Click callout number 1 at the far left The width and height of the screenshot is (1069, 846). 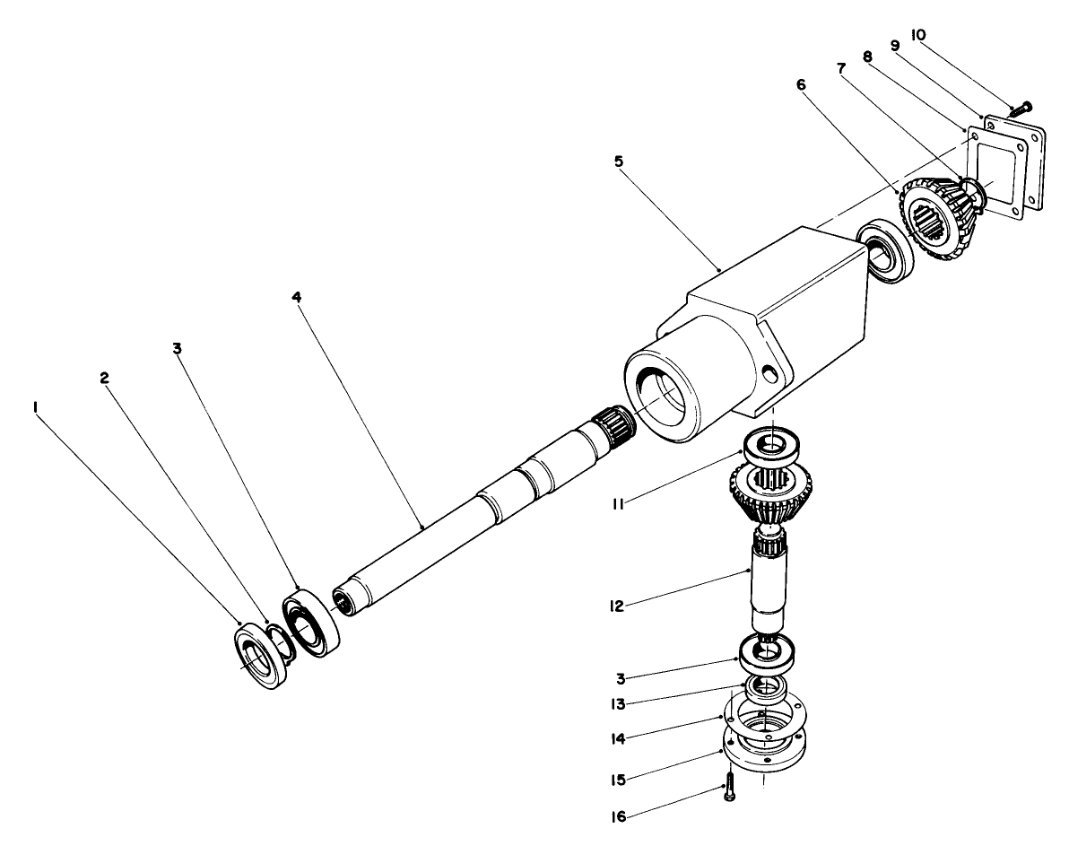(x=35, y=406)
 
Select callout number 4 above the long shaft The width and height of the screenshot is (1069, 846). (x=297, y=296)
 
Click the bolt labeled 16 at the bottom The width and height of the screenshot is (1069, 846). (x=728, y=787)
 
